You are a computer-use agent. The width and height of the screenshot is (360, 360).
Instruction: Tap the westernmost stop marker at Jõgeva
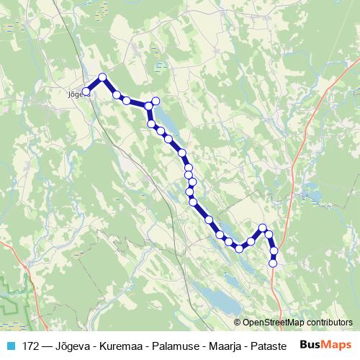[86, 91]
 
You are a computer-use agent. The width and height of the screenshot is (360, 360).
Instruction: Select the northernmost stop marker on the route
[102, 77]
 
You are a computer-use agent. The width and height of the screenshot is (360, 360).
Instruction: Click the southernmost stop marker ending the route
[273, 264]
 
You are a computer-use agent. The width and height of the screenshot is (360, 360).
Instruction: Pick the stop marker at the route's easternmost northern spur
[155, 100]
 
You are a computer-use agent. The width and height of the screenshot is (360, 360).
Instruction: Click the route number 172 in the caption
[31, 345]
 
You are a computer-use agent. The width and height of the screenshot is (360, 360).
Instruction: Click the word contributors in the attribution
[329, 323]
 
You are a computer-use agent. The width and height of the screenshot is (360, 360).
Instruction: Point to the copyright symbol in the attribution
[238, 323]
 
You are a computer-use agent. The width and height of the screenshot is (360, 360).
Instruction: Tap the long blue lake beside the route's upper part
[165, 116]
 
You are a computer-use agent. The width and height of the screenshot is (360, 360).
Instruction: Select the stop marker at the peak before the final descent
[263, 228]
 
